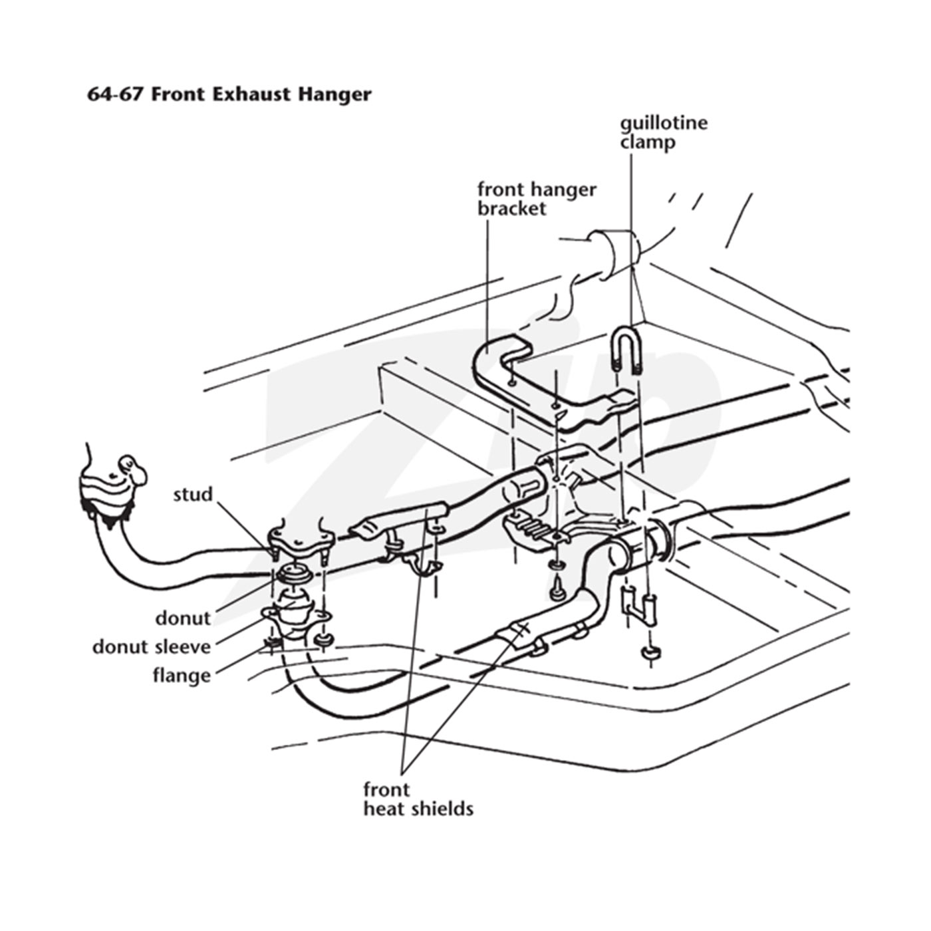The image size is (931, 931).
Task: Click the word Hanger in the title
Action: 334,94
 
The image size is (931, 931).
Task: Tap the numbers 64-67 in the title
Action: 116,94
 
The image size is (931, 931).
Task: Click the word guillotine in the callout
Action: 664,124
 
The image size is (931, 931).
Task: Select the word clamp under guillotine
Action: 648,143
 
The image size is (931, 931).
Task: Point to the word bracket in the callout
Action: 512,209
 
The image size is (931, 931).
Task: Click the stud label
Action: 193,494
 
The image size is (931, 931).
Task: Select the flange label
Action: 182,675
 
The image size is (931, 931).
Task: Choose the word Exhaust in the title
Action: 251,94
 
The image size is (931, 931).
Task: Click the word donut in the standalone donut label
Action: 183,618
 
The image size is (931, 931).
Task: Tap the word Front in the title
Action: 178,94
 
